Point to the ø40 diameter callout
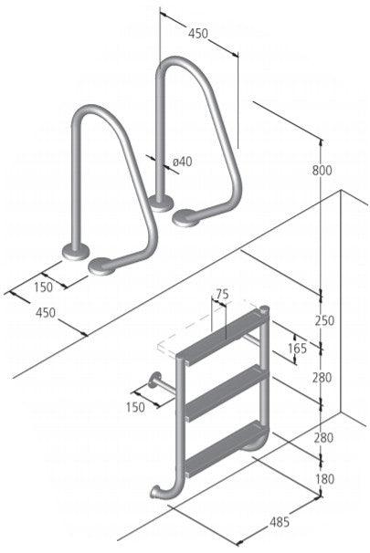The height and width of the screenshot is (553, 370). click(182, 162)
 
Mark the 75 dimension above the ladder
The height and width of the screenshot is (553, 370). click(220, 294)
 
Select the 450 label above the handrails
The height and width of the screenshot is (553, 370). click(198, 34)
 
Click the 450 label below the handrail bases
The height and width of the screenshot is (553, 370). click(45, 313)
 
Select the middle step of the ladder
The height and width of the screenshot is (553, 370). click(224, 391)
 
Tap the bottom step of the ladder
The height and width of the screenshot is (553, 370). click(224, 448)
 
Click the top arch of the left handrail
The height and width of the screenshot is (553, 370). click(95, 116)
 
